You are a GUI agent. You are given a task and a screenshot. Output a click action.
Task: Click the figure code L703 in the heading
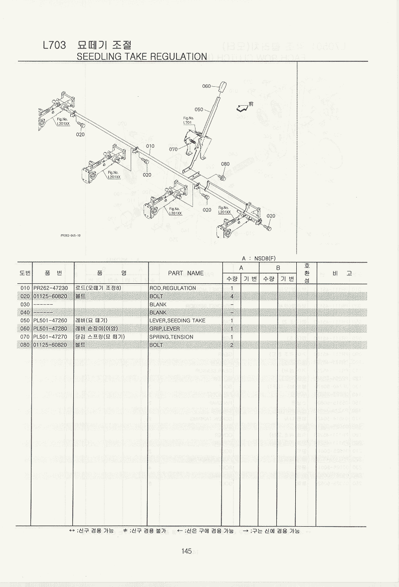[x=54, y=45]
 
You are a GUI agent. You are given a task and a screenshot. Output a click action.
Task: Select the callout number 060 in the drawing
[x=207, y=86]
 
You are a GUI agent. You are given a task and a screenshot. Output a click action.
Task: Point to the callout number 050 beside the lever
[x=199, y=109]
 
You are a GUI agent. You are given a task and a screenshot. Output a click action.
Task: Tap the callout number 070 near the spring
[x=174, y=149]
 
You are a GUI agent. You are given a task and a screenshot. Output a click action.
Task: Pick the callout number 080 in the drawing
[x=225, y=164]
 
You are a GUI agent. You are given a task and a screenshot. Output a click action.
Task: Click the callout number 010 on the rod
[x=150, y=146]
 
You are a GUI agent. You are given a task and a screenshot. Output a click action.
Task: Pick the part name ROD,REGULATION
[x=173, y=288]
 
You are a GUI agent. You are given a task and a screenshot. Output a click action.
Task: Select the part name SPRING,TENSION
[x=171, y=337]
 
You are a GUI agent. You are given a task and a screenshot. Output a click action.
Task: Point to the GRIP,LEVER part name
[x=165, y=329]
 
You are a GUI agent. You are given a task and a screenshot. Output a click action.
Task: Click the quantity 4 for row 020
[x=232, y=296]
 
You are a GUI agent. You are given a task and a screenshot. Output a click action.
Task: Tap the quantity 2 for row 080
[x=232, y=345]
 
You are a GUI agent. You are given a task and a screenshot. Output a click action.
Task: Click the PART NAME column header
[x=186, y=273]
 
